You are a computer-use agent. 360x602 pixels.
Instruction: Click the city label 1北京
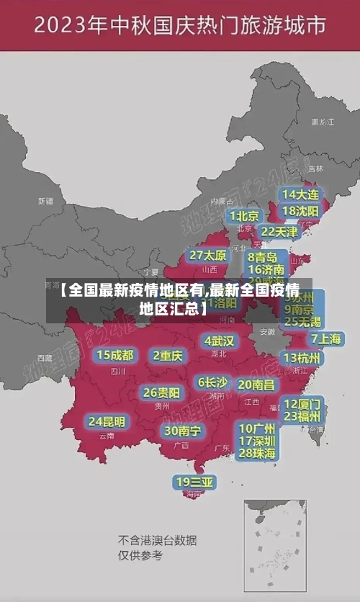coord(245,216)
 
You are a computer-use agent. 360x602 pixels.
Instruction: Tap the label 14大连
coord(301,194)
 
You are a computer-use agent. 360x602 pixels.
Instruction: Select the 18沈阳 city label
coord(301,211)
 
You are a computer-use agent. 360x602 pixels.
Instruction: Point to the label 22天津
coord(279,232)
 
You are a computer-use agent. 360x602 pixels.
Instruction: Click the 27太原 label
coord(208,256)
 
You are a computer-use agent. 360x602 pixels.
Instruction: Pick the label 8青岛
coord(263,257)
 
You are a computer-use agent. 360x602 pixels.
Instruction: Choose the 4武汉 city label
coord(219,341)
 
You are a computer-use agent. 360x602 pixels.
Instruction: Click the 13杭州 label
coord(302,358)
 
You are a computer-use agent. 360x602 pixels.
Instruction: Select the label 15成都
coord(115,355)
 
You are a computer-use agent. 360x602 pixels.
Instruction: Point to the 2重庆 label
coord(168,356)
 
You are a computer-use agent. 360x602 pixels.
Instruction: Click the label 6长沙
coord(212,382)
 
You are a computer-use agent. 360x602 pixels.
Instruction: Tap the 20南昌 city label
coord(256,385)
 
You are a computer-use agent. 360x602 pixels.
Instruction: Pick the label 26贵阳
coord(161,393)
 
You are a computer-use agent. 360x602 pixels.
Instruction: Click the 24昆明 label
coord(107,421)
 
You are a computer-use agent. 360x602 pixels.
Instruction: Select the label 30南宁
coord(182,431)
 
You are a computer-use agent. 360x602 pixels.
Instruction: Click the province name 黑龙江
coord(322,122)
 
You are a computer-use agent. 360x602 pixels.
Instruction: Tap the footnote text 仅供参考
coord(140,555)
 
